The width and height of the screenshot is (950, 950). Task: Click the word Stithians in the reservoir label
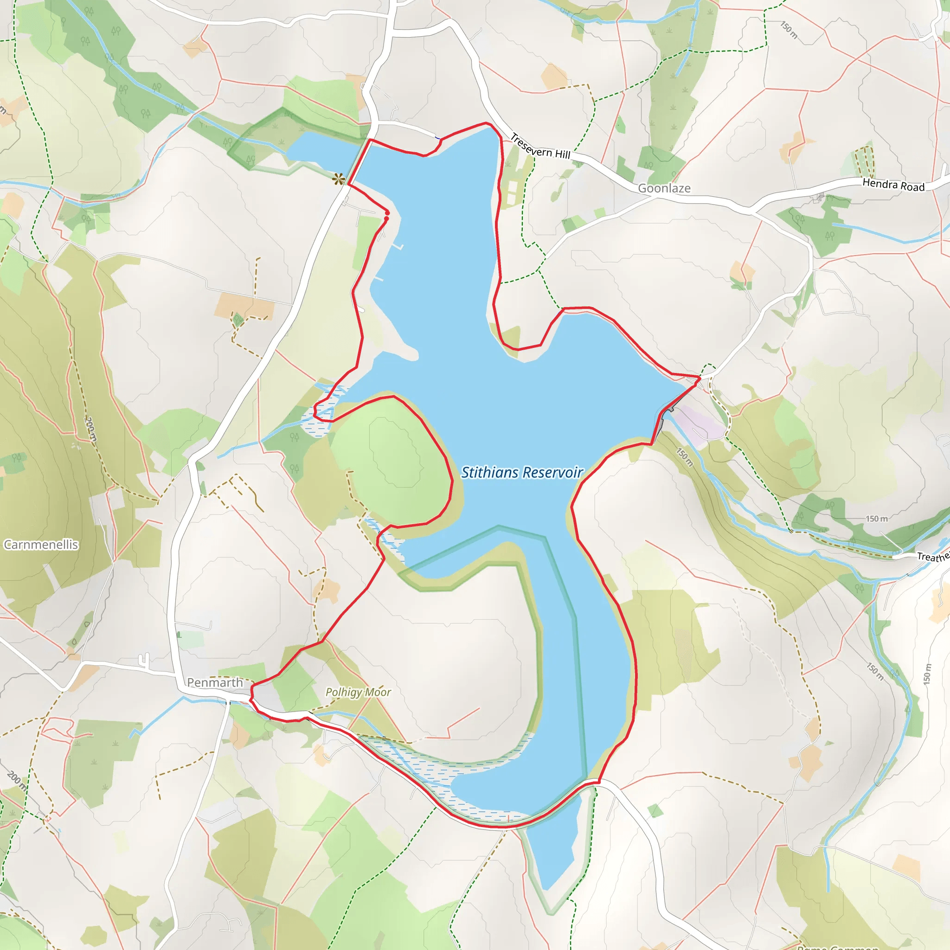(x=490, y=473)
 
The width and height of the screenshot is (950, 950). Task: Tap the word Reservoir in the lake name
(x=552, y=473)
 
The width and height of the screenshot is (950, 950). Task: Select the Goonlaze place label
(x=664, y=188)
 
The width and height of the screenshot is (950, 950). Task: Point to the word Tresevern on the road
(x=530, y=146)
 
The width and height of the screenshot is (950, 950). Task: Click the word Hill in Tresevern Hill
(x=563, y=154)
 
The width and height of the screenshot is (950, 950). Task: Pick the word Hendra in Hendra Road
(x=879, y=184)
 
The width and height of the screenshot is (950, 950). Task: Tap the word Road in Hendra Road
(x=912, y=187)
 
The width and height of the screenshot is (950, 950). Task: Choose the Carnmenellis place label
(x=41, y=544)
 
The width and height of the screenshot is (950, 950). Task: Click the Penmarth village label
(x=215, y=682)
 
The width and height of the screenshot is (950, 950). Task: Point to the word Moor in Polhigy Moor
(x=378, y=693)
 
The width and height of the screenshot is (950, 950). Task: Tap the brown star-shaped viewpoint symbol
(x=338, y=179)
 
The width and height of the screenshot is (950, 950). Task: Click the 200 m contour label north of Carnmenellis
(x=90, y=429)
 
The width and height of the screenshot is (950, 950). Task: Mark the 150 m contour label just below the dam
(x=684, y=457)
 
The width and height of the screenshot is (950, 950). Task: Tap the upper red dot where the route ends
(x=387, y=212)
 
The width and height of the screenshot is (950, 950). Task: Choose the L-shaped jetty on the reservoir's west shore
(x=398, y=246)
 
